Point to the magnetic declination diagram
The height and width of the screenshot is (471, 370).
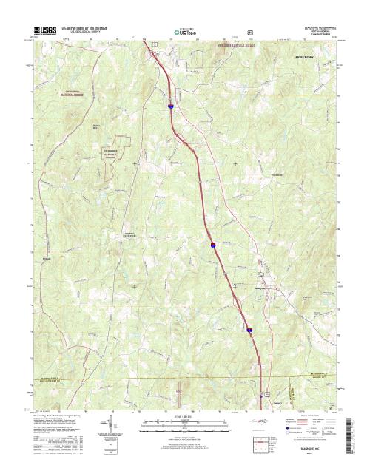click(x=111, y=429)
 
